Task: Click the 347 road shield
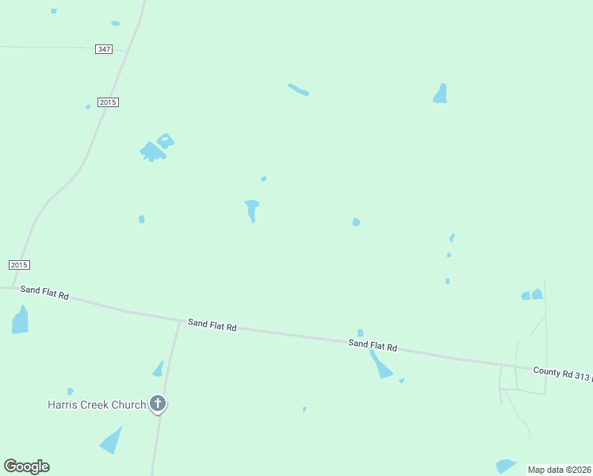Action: click(x=104, y=49)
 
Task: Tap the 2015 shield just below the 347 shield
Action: click(x=109, y=102)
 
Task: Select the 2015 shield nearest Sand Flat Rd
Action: click(x=20, y=264)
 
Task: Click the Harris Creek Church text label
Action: click(x=96, y=405)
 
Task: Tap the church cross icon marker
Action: click(x=158, y=405)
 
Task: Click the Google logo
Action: click(x=26, y=466)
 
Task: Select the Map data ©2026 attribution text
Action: click(x=559, y=470)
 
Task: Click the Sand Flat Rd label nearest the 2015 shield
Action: click(x=44, y=293)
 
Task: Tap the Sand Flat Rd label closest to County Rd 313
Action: click(x=373, y=345)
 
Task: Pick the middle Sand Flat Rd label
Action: click(x=212, y=325)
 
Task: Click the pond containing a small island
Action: click(x=166, y=141)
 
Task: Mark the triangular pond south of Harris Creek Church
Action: click(x=112, y=440)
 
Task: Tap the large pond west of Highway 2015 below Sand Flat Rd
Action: click(x=20, y=321)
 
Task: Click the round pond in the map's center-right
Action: click(x=356, y=222)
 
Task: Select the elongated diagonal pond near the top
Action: click(x=298, y=90)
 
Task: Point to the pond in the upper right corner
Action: click(x=441, y=94)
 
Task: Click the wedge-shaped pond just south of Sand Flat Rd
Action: click(x=381, y=367)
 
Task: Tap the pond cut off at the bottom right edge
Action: click(x=505, y=466)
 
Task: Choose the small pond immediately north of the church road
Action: click(x=159, y=369)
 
